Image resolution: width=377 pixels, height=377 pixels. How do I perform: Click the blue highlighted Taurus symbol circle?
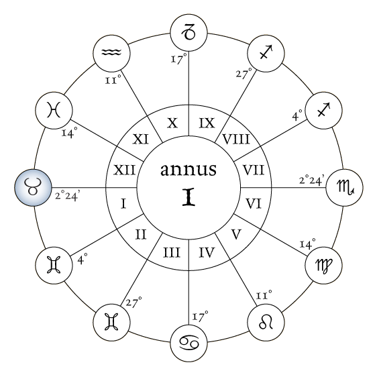click(33, 188)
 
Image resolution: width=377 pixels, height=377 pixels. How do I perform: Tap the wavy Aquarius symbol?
click(111, 52)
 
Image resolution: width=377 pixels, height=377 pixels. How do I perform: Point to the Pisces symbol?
click(54, 109)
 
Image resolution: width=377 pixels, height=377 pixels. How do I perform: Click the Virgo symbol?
click(323, 266)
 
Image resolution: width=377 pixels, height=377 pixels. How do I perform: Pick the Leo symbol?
click(266, 323)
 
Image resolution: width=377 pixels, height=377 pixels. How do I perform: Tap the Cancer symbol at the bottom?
click(188, 343)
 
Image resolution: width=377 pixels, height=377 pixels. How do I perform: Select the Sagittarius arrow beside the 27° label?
click(266, 52)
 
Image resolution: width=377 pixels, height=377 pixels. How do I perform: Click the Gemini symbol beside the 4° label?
click(54, 265)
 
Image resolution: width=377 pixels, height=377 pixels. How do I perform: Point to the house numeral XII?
click(124, 170)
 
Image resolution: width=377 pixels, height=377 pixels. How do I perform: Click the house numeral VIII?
click(236, 140)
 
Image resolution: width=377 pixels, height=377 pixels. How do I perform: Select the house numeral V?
click(236, 234)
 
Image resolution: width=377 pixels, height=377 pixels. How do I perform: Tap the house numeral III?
click(172, 253)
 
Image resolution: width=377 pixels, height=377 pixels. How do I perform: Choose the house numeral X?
click(172, 123)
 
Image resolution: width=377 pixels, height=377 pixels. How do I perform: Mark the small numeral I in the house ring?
click(123, 205)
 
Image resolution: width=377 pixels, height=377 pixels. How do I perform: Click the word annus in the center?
click(188, 170)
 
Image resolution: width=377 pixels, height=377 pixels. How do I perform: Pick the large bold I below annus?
click(188, 197)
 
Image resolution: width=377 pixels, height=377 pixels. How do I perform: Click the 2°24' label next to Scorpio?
click(312, 180)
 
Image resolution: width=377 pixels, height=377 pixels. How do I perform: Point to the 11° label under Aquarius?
click(113, 79)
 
